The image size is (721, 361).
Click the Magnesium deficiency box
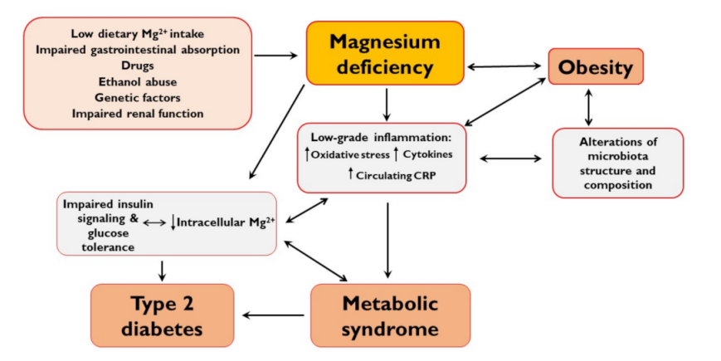384,53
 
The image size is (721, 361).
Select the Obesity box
596,66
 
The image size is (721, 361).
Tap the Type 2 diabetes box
161,315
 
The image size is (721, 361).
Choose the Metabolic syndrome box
390,315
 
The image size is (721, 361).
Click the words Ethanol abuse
138,82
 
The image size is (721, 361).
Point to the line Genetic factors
138,97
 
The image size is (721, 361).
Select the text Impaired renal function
138,113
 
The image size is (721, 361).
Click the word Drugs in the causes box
138,66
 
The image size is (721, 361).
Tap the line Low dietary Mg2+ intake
138,35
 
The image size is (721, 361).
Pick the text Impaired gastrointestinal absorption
138,51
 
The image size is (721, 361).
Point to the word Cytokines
430,154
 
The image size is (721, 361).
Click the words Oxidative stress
349,154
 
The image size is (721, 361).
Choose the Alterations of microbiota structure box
617,163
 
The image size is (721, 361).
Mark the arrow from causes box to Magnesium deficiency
277,56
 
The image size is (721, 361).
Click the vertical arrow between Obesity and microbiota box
589,106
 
